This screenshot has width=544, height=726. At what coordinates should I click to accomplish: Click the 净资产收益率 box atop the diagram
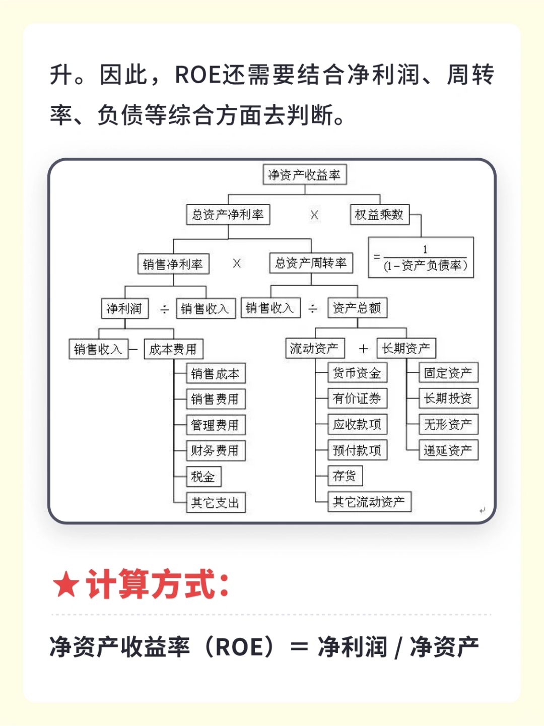(305, 175)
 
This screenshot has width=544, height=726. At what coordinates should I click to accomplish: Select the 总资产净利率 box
(228, 215)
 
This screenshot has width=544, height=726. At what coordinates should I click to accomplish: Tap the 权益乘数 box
(379, 215)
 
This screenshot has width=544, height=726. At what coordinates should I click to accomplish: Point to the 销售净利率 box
(173, 264)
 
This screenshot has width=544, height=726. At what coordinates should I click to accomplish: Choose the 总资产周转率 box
(311, 263)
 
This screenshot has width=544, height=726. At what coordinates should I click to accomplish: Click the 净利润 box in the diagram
(125, 308)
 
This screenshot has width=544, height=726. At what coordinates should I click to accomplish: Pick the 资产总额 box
(357, 308)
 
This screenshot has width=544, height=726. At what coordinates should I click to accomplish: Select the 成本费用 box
(173, 349)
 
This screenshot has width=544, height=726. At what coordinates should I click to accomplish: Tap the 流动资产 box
(315, 348)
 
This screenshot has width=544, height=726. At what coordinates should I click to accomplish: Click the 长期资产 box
(406, 348)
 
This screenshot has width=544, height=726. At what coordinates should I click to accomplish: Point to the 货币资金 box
(357, 373)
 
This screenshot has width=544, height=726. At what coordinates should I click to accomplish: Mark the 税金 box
(203, 476)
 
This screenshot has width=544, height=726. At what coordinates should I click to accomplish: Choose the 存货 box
(345, 475)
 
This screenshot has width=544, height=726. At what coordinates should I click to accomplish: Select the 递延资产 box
(448, 450)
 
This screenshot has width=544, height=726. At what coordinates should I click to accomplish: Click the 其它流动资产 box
(369, 501)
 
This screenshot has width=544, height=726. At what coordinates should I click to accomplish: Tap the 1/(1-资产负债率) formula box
(421, 257)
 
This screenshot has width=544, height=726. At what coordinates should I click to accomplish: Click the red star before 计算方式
(66, 585)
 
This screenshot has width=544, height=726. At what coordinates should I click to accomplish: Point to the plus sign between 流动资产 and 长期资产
(363, 349)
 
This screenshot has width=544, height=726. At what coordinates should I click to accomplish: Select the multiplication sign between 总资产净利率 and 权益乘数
(314, 215)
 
